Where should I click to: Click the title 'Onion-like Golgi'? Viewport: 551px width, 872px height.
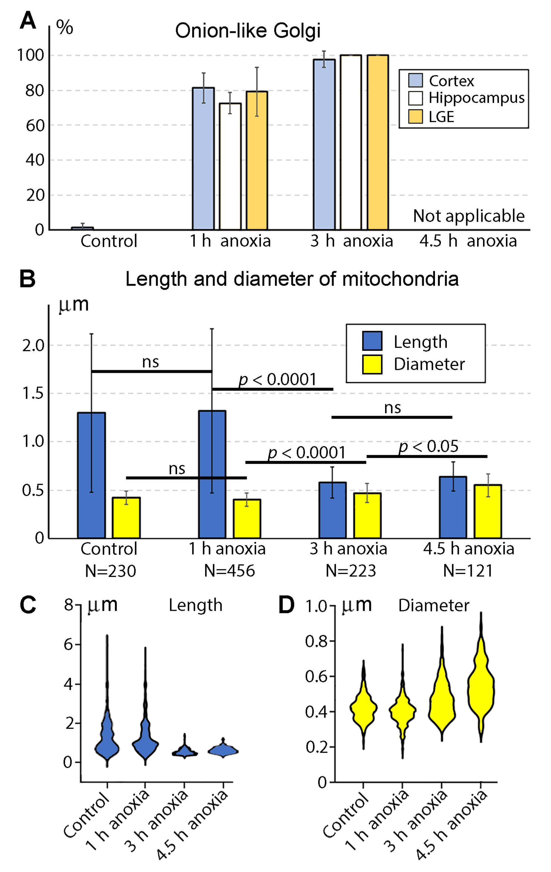click(x=248, y=31)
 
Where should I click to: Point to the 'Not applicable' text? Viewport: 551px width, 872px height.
click(x=468, y=216)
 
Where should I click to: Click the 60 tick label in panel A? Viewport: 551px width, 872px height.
click(x=35, y=126)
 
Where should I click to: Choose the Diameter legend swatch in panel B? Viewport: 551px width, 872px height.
click(x=372, y=364)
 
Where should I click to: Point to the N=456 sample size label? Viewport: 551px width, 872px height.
click(x=229, y=571)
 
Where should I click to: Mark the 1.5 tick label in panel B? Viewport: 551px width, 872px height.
click(x=33, y=393)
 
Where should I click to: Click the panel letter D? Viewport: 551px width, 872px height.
click(x=286, y=605)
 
